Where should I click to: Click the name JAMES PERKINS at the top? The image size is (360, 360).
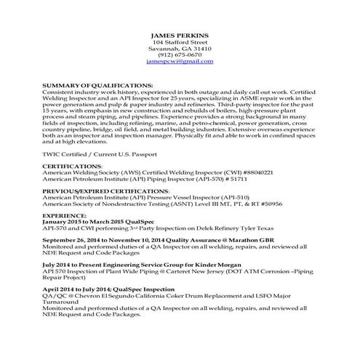point(180,35)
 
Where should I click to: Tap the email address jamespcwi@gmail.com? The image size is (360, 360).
point(180,63)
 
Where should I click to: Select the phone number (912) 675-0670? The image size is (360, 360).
point(180,55)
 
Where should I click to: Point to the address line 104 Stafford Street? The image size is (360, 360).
point(180,42)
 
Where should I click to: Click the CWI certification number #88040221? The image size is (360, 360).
point(257,172)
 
